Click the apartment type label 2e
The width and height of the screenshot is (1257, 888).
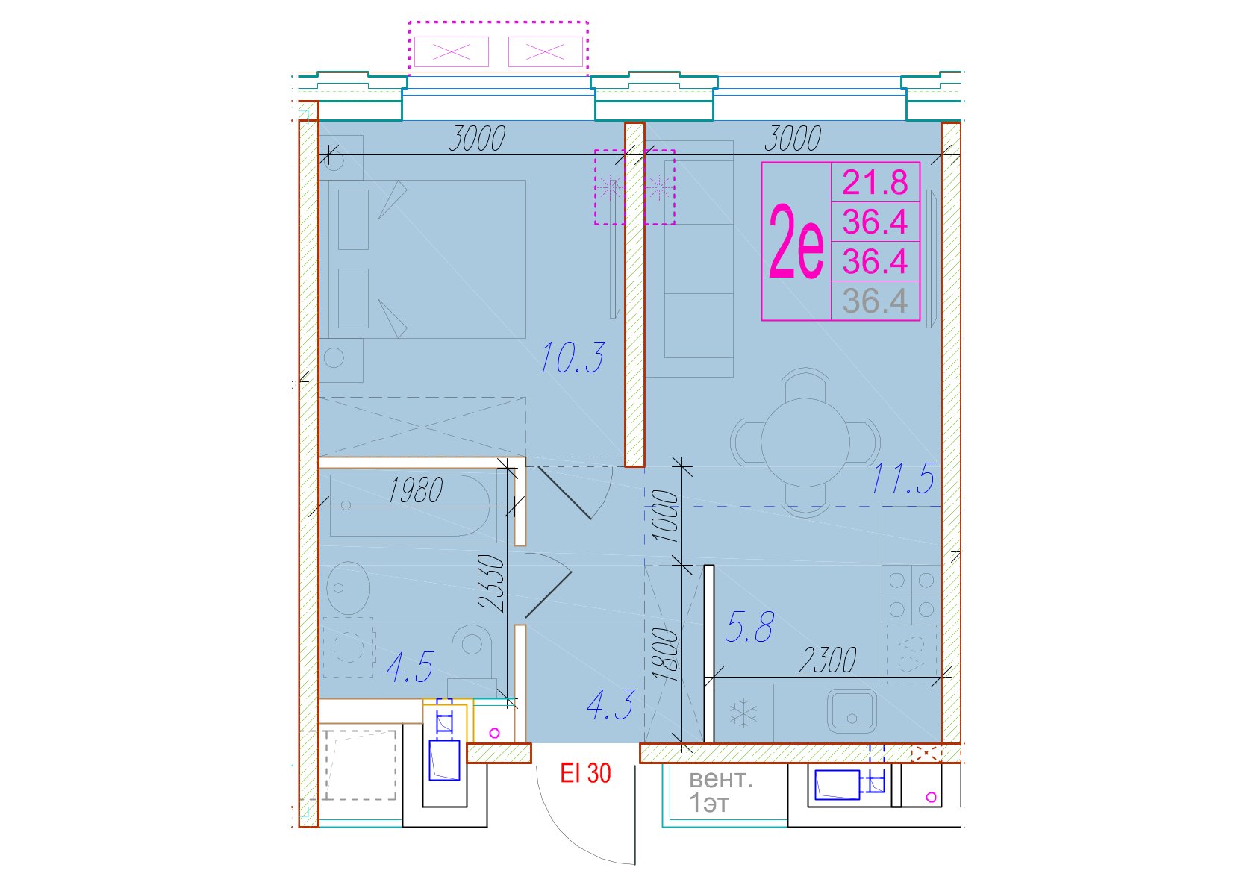pyautogui.click(x=796, y=242)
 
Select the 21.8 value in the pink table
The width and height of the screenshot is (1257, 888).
pyautogui.click(x=875, y=182)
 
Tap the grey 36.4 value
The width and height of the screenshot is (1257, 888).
pyautogui.click(x=875, y=301)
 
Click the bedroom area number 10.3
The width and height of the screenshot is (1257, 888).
pyautogui.click(x=573, y=357)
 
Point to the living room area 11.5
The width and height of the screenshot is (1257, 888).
pyautogui.click(x=903, y=478)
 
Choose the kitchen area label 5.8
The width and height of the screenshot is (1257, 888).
pyautogui.click(x=749, y=627)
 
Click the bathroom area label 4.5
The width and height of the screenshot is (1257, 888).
pyautogui.click(x=411, y=667)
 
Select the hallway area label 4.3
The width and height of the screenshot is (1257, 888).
pyautogui.click(x=611, y=705)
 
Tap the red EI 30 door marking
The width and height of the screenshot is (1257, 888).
pyautogui.click(x=585, y=773)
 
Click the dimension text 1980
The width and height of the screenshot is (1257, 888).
pyautogui.click(x=415, y=490)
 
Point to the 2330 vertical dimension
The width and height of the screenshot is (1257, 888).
pyautogui.click(x=492, y=582)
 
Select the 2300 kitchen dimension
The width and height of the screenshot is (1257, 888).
pyautogui.click(x=827, y=660)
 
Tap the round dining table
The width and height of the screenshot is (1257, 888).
pyautogui.click(x=805, y=443)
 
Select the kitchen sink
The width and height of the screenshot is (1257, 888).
pyautogui.click(x=852, y=711)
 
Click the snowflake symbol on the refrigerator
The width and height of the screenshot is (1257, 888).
pyautogui.click(x=743, y=713)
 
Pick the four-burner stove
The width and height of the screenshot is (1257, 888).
pyautogui.click(x=911, y=595)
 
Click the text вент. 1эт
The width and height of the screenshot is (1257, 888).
pyautogui.click(x=720, y=792)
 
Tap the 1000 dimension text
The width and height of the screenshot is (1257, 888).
pyautogui.click(x=666, y=516)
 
